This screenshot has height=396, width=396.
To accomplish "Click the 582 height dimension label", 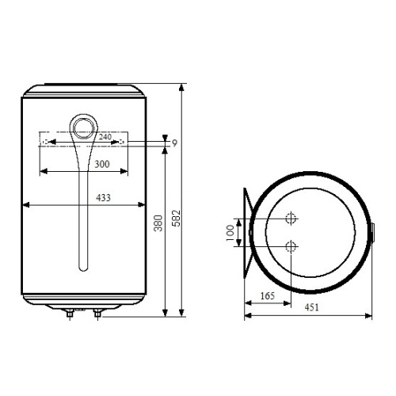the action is [176, 218].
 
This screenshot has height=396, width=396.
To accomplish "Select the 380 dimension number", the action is [158, 223].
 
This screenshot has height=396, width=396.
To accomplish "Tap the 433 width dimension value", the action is [103, 198].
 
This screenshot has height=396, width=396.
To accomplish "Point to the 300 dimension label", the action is [102, 164].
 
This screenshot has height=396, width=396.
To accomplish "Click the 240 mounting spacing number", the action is [105, 137].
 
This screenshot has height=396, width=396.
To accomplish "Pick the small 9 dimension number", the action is [174, 143].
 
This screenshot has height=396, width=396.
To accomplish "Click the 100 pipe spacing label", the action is [230, 233].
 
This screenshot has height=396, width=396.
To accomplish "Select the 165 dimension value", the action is [268, 296].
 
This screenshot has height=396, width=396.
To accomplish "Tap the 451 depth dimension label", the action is [311, 307].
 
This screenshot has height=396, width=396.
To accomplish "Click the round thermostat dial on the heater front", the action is [84, 129].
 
